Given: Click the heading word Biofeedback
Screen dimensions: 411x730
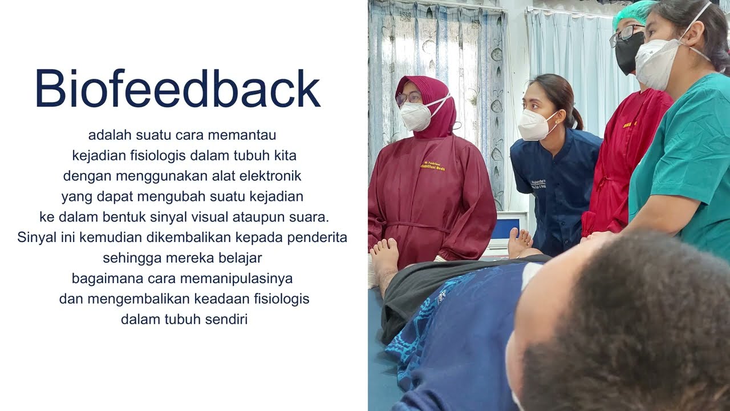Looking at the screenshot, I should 177,89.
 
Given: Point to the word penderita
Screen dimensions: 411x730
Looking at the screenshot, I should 317,237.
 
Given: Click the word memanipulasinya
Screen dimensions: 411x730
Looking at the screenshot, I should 246,279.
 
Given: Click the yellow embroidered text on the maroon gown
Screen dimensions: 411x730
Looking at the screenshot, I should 433,166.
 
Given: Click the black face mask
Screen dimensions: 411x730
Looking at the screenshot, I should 627,53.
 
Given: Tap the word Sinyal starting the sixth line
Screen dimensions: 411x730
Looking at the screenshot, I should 36,237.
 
